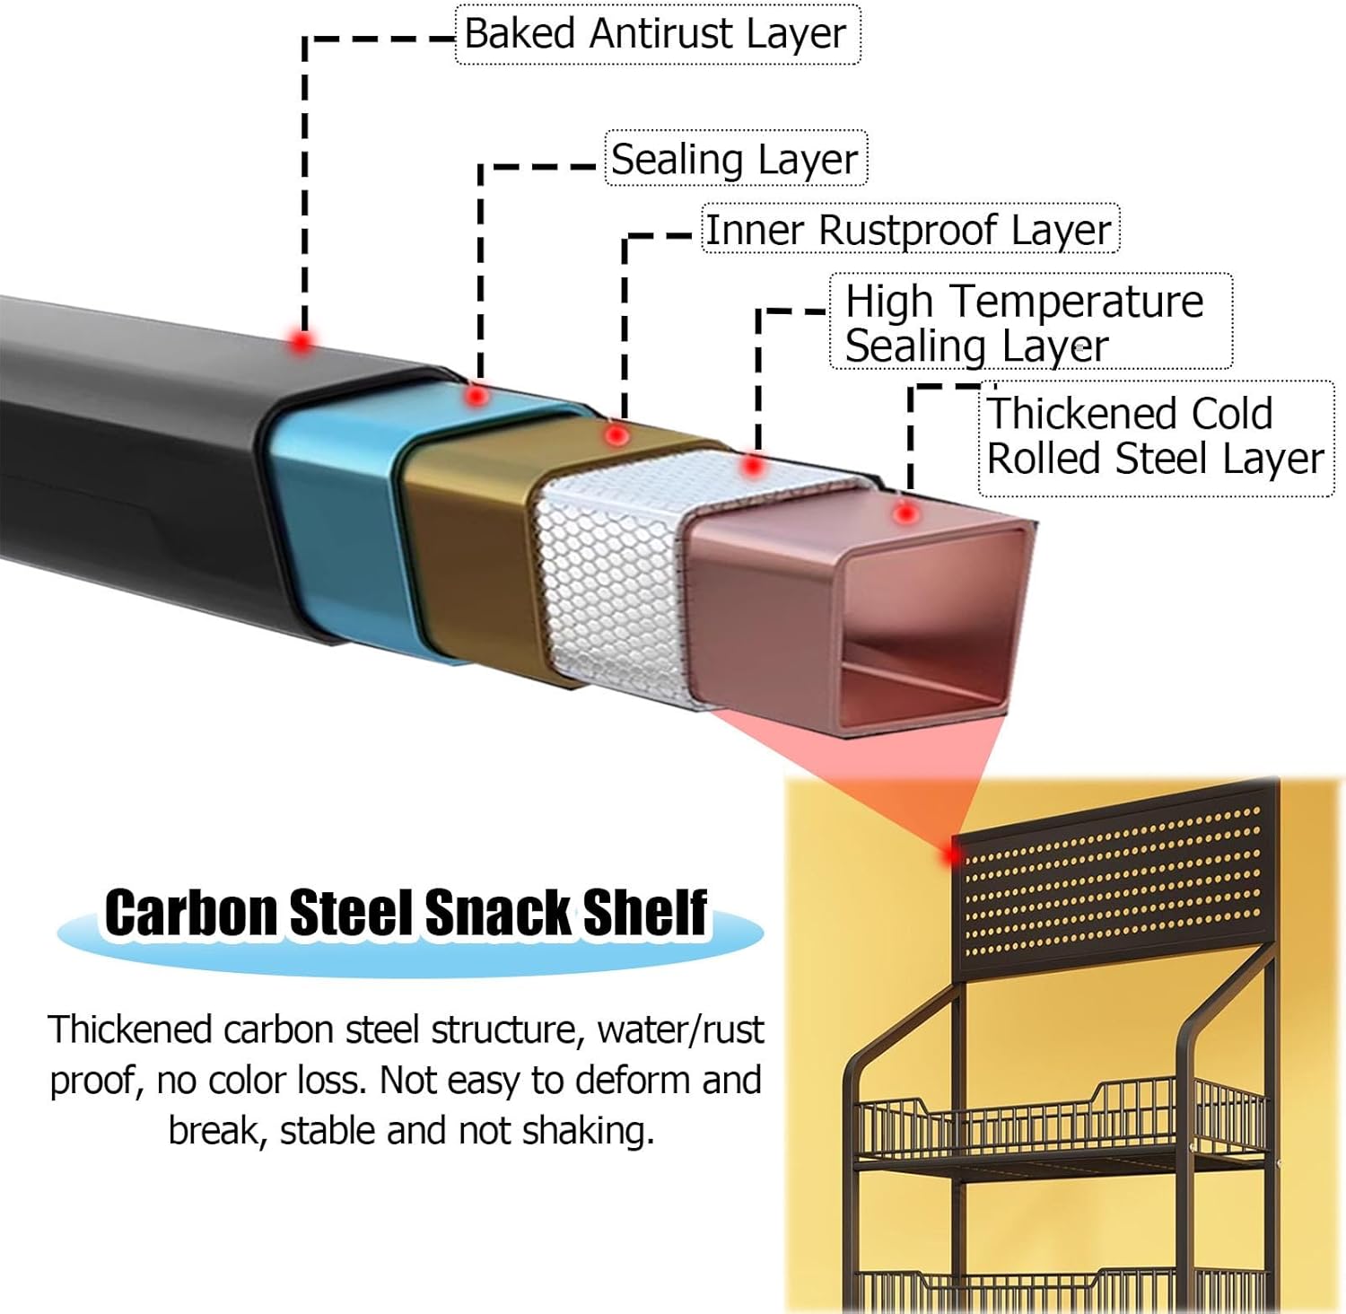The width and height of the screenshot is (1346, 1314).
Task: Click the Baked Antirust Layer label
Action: pos(656,34)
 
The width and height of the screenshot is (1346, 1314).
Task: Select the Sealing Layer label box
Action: pos(735,159)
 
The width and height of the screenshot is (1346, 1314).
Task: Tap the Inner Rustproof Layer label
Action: pos(909,230)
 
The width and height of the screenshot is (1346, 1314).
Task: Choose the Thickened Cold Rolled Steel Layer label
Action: pos(1155,437)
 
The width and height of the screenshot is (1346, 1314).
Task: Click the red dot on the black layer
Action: pos(302,341)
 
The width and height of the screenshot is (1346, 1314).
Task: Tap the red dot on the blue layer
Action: pos(477,395)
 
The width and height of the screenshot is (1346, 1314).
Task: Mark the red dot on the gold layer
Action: pos(616,435)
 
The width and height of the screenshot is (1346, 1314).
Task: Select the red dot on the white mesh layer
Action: pos(753,466)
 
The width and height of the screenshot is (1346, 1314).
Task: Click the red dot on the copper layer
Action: pos(906,513)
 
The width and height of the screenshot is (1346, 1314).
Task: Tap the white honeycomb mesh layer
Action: pos(610,583)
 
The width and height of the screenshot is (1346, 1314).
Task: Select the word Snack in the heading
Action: pos(497,914)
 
